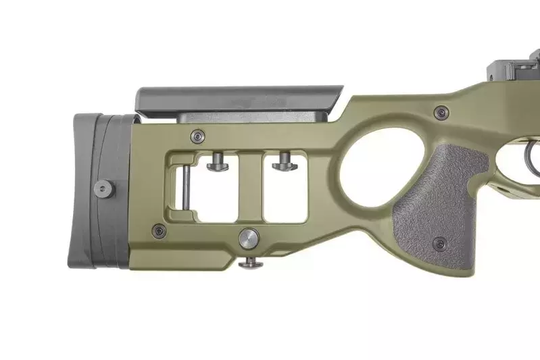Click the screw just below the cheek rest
click(196, 136)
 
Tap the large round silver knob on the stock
click(249, 238)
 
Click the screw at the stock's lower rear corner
click(159, 231)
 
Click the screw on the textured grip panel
click(441, 242)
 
